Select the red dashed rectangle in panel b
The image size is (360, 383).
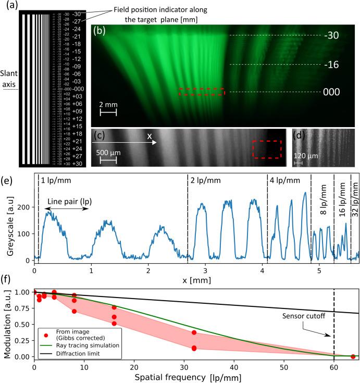(x=202, y=92)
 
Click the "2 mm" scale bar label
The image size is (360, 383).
(x=108, y=104)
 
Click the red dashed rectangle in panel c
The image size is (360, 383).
(x=266, y=149)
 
